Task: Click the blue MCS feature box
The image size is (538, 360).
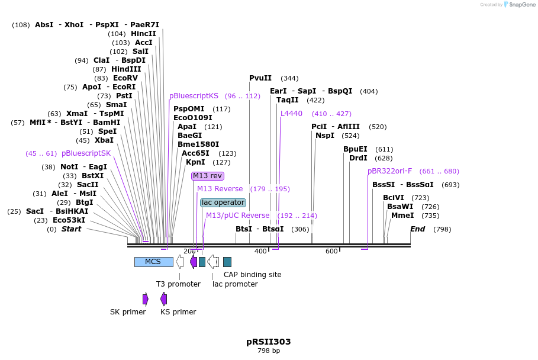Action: (x=153, y=262)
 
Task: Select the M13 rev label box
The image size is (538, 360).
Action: (x=208, y=176)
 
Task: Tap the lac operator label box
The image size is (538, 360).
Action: (x=223, y=202)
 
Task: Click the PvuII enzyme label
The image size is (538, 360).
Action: (x=260, y=78)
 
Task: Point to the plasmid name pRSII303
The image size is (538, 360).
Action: (x=269, y=342)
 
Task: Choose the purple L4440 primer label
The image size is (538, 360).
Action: (x=291, y=114)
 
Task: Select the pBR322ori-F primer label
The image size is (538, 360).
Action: (x=389, y=171)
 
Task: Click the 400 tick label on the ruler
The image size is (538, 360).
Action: (x=260, y=251)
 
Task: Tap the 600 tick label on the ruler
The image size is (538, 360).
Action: (x=331, y=251)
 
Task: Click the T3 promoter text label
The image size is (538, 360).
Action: (x=178, y=284)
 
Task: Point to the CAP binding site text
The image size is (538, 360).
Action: (x=252, y=275)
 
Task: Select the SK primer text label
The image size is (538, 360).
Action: (x=128, y=312)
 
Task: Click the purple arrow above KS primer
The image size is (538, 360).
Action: (x=163, y=299)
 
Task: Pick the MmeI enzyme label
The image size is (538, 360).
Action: (x=402, y=216)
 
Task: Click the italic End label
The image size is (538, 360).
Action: (x=417, y=229)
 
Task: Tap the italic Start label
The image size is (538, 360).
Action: (x=71, y=229)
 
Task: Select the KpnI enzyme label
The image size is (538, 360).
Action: (x=195, y=162)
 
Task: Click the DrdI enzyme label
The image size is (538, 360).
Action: (x=358, y=158)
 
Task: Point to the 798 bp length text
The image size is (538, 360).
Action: (x=269, y=351)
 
